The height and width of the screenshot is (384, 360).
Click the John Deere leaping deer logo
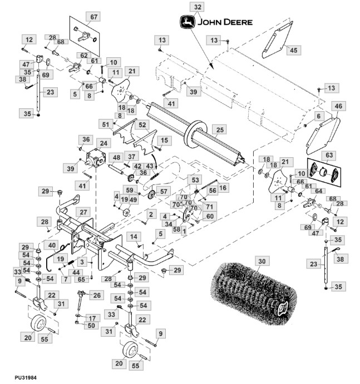tap(188, 22)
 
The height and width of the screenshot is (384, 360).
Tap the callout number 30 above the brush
tap(262, 261)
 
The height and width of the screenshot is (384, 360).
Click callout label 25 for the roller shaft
tap(220, 130)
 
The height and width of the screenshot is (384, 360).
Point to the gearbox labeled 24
tap(95, 157)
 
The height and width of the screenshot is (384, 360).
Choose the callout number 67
tap(93, 17)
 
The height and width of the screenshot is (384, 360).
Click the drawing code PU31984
tap(26, 377)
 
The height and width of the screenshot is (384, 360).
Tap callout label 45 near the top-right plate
tap(293, 50)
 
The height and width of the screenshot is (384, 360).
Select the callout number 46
tap(338, 106)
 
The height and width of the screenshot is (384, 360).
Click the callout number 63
tap(329, 155)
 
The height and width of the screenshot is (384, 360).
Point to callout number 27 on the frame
tap(83, 212)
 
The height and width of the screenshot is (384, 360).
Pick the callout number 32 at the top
tap(198, 7)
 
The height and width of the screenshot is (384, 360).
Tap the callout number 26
tap(97, 295)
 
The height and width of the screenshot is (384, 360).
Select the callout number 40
tap(52, 245)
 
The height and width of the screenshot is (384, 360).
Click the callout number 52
tap(142, 125)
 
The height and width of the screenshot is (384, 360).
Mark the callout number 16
tap(223, 188)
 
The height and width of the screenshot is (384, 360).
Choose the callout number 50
tap(91, 326)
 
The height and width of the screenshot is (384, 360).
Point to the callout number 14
tap(134, 237)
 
